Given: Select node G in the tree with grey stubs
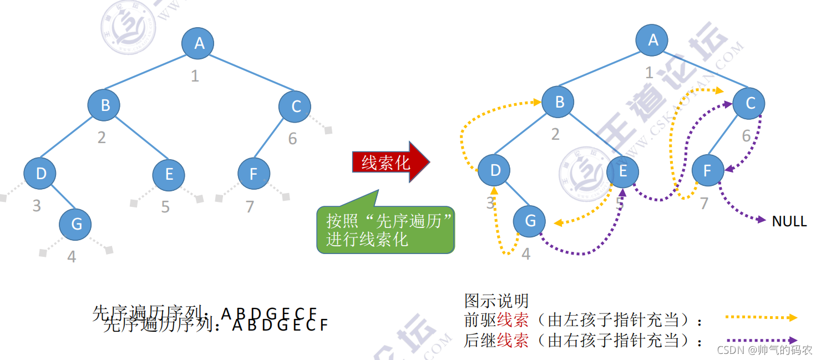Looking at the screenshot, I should point(77,224).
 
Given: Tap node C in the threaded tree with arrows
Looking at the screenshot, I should point(749,103).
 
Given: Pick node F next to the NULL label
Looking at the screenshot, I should point(708,170).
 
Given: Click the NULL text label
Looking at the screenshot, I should point(789,221).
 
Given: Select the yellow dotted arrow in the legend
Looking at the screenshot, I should point(761,318).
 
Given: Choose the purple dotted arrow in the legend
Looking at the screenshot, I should point(761,340).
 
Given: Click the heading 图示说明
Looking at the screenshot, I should point(496,301).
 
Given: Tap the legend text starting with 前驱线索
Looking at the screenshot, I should point(582,320).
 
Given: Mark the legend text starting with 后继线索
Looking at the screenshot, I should point(582,340).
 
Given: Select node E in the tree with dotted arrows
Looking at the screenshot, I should point(622,171).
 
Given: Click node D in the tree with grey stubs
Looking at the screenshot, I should point(40,174).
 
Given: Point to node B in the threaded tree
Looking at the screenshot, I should point(559,102).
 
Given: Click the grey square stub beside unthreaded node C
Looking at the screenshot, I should point(328,130).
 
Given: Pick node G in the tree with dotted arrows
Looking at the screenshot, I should point(530,221).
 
